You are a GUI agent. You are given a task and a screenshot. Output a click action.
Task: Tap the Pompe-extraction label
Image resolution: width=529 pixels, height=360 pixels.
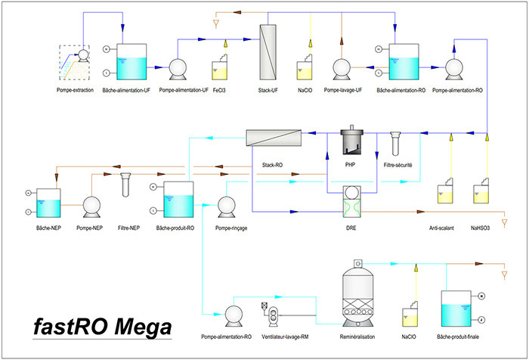[x=75, y=90]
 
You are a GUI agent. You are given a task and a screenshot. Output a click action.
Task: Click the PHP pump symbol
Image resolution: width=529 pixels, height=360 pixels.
[x=351, y=141]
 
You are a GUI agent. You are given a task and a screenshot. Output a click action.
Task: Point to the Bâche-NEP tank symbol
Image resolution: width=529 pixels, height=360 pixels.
[x=48, y=202]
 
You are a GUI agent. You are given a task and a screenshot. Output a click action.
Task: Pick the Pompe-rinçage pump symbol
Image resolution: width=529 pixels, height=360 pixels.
[x=227, y=205]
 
